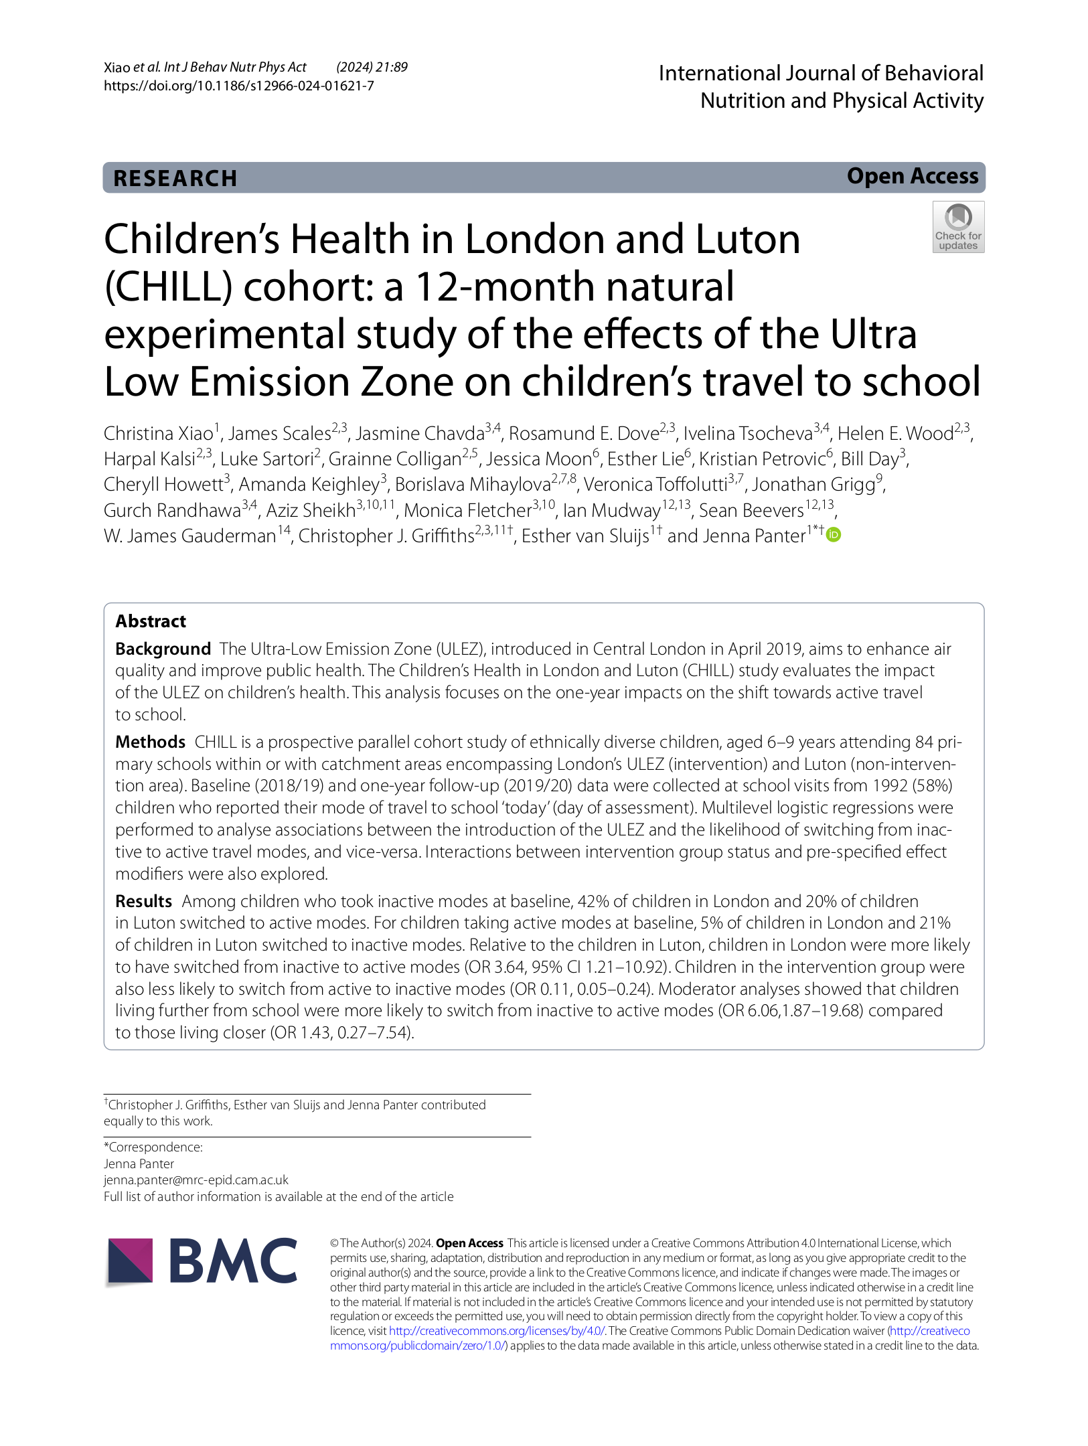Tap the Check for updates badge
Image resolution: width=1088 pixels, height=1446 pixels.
958,227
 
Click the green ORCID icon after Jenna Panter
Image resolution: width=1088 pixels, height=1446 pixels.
834,534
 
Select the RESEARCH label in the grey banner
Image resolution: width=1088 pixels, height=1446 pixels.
175,179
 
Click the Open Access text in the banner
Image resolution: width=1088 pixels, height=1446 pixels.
912,176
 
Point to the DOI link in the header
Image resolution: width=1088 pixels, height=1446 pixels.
238,86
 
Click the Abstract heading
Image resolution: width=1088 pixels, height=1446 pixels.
151,621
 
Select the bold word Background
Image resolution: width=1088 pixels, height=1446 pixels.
163,649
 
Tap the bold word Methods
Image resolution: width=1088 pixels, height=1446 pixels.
150,742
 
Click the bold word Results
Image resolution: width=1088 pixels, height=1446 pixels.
143,901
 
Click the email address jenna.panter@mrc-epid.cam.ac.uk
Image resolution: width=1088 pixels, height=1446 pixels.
196,1180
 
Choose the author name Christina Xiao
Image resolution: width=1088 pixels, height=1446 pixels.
158,434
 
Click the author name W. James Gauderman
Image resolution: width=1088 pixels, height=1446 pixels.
189,536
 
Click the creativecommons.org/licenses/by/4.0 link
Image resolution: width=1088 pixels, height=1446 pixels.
497,1331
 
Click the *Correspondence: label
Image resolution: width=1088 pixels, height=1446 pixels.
153,1147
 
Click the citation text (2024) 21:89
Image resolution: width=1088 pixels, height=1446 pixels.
372,67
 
